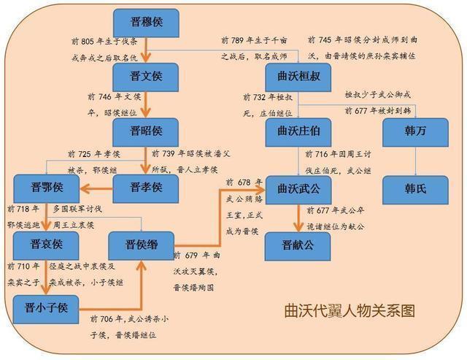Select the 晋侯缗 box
click(141, 245)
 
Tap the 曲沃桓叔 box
click(298, 76)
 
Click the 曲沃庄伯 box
click(298, 131)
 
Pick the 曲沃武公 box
click(298, 188)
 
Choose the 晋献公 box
click(298, 245)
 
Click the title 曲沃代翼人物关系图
click(350, 311)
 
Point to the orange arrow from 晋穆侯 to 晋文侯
click(145, 50)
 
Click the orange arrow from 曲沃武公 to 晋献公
click(298, 217)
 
